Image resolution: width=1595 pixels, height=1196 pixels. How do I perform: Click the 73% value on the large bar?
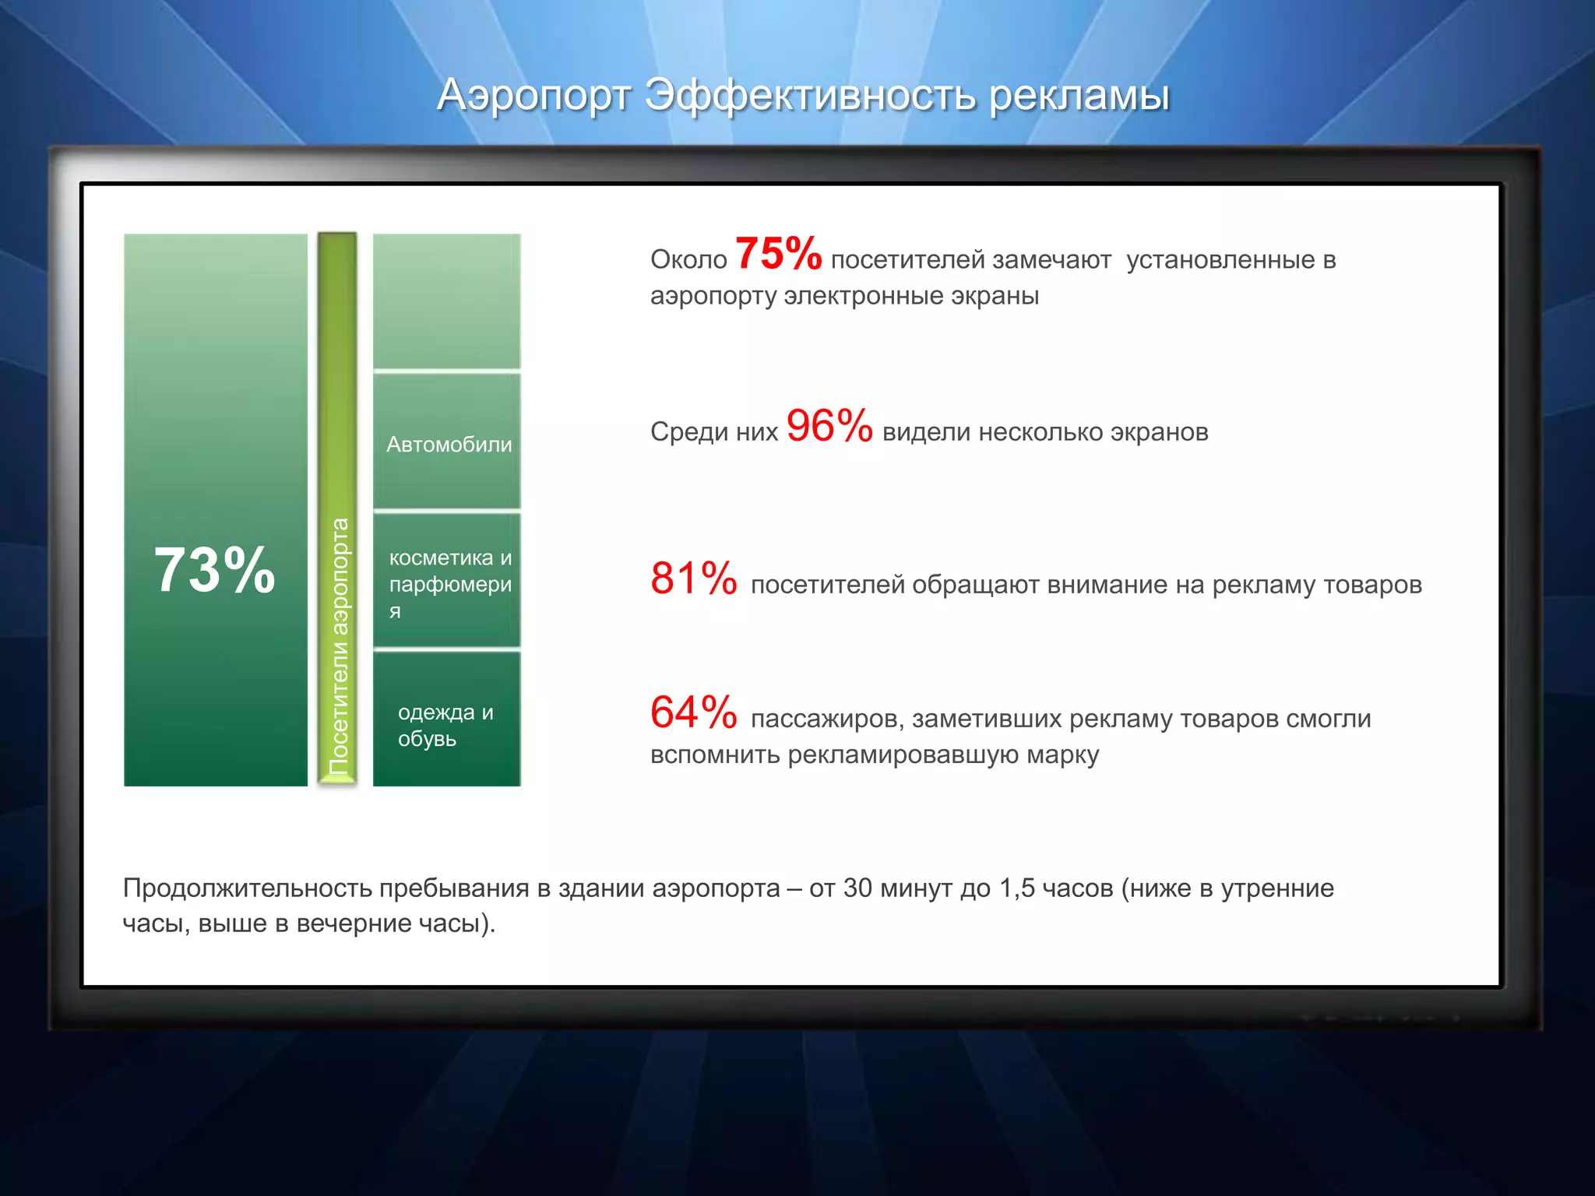pos(215,570)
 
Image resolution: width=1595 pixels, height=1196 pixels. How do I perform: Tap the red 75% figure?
pos(778,254)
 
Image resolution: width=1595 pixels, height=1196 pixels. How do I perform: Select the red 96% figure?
pos(829,426)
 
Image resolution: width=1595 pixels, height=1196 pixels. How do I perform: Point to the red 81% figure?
pos(693,579)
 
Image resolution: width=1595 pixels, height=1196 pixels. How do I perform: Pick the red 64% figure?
pos(693,712)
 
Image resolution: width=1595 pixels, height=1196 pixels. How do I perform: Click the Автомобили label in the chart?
pos(449,445)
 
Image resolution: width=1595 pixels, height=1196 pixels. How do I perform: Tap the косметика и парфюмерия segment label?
pos(450,583)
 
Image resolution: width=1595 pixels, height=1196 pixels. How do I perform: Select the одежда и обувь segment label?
pos(445,725)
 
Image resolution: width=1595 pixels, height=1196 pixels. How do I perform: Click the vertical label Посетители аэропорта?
pos(339,645)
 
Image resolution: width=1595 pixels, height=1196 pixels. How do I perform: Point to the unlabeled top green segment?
pos(446,301)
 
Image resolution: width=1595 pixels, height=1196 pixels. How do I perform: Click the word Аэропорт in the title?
pos(534,95)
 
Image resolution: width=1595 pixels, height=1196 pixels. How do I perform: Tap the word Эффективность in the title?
pos(811,95)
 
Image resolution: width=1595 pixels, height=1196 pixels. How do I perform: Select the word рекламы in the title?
pos(1079,95)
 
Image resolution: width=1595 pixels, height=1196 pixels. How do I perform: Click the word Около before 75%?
pos(688,260)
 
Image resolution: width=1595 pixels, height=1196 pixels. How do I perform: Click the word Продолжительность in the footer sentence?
pos(247,888)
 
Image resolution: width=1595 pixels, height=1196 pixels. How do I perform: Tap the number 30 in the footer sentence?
pos(857,888)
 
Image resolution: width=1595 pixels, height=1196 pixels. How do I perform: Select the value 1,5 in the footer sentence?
pos(1016,888)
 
